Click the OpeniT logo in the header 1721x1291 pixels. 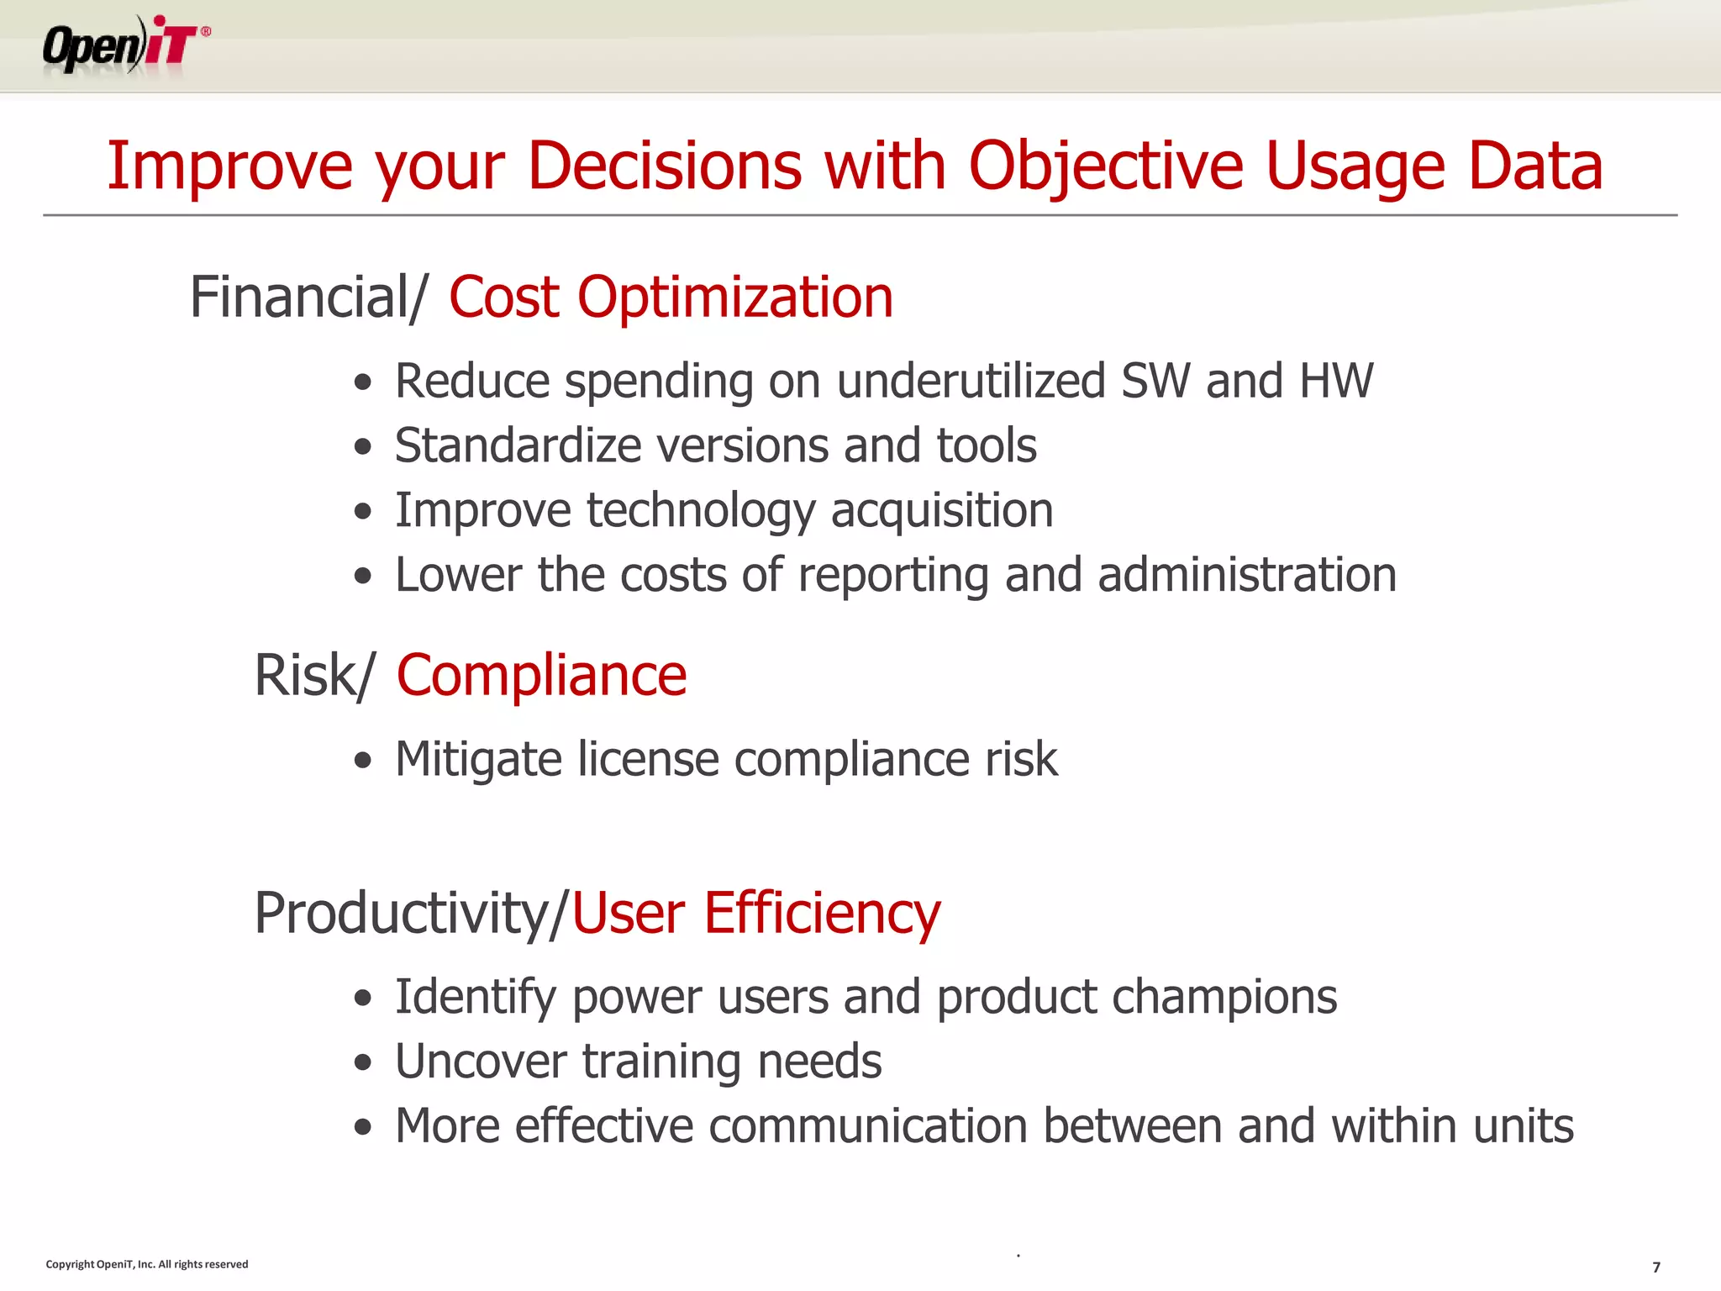pos(126,45)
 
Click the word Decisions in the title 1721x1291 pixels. pos(665,166)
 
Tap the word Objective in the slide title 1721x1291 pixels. pos(1106,166)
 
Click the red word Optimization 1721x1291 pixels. pos(735,298)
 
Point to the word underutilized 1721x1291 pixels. pos(971,381)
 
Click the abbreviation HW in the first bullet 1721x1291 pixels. pos(1336,381)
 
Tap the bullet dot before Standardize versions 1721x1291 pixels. pos(362,446)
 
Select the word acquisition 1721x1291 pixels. pos(942,510)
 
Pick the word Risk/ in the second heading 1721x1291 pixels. pos(313,676)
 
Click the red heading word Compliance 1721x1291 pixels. pos(542,676)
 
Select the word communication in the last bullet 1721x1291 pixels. pos(868,1126)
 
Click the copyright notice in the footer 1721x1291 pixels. pos(147,1264)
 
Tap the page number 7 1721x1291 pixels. pos(1656,1267)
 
